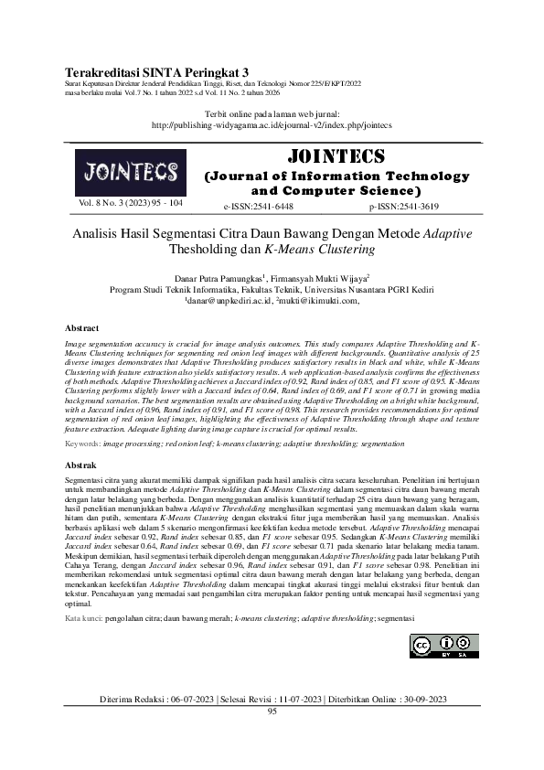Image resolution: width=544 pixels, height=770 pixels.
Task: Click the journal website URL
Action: tap(272, 125)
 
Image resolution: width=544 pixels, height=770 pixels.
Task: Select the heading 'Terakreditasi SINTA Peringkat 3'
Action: tap(157, 71)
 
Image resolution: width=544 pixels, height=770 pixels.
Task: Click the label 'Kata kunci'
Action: tap(85, 619)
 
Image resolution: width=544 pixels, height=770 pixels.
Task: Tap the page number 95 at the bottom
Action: tap(272, 710)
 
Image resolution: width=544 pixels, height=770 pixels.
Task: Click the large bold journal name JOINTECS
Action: tap(336, 155)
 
